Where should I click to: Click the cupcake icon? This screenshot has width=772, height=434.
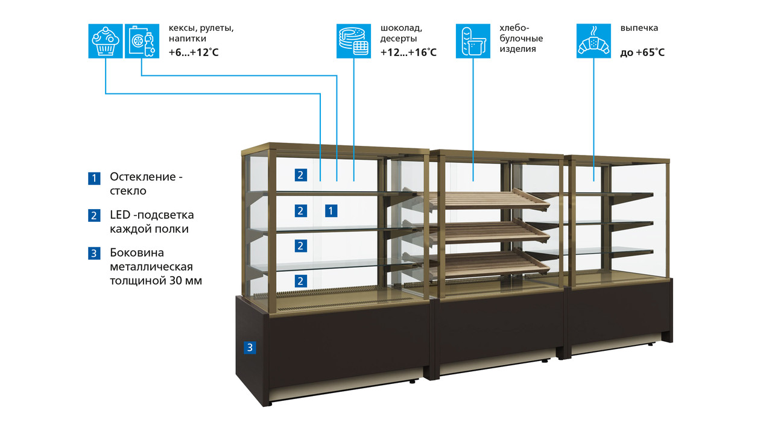pyautogui.click(x=106, y=41)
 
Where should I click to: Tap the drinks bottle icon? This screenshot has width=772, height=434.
pyautogui.click(x=142, y=41)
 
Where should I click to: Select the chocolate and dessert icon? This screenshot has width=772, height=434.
pyautogui.click(x=353, y=41)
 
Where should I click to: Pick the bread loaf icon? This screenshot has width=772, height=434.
pyautogui.click(x=473, y=41)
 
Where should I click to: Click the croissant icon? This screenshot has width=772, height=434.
pyautogui.click(x=593, y=41)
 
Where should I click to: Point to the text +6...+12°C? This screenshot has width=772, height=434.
pyautogui.click(x=194, y=52)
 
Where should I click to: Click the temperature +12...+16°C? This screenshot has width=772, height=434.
pyautogui.click(x=408, y=52)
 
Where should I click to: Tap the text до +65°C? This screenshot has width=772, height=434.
pyautogui.click(x=642, y=52)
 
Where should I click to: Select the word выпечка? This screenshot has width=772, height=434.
pyautogui.click(x=639, y=28)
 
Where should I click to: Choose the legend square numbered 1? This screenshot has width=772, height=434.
pyautogui.click(x=94, y=178)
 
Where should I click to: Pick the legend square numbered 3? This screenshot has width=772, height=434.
pyautogui.click(x=94, y=254)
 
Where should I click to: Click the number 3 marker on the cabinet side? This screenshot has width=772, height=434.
pyautogui.click(x=250, y=347)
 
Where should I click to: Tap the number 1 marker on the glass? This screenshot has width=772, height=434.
pyautogui.click(x=331, y=210)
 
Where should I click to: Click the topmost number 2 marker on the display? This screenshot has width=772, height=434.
pyautogui.click(x=300, y=175)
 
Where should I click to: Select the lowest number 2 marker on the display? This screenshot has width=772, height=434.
pyautogui.click(x=300, y=280)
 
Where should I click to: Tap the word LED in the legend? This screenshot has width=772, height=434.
pyautogui.click(x=120, y=215)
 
